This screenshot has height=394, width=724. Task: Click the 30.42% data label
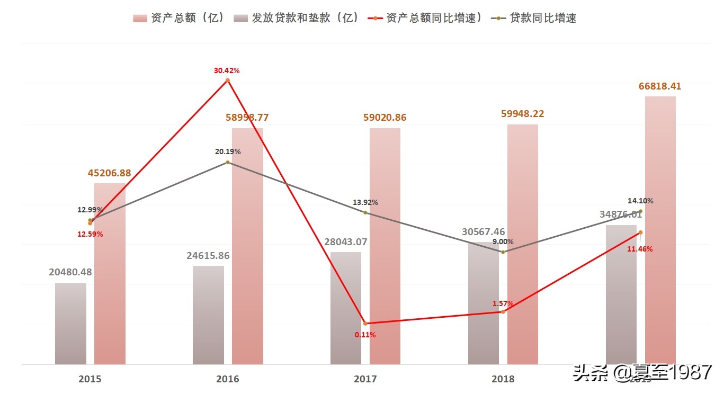point(227,70)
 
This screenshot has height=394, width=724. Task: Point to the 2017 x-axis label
point(365,379)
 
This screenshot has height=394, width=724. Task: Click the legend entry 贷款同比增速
point(535,18)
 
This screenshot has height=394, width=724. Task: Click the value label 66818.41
point(659,86)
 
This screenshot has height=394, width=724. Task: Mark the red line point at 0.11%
point(365,323)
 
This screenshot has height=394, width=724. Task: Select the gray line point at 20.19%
point(228,162)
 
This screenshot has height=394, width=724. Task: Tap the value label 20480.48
point(70,272)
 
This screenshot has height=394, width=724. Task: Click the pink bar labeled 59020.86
point(385,246)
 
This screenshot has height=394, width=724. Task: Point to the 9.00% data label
point(503,241)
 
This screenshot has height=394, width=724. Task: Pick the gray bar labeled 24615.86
point(208,315)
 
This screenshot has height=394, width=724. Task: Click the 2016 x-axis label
point(227,379)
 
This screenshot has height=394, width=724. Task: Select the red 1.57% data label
point(503,303)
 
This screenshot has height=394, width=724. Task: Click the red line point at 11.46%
point(640,232)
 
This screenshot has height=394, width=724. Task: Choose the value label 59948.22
point(522,114)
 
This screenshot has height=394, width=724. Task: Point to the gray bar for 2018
point(484,305)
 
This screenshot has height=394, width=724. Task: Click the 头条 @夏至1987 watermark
point(641,373)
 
